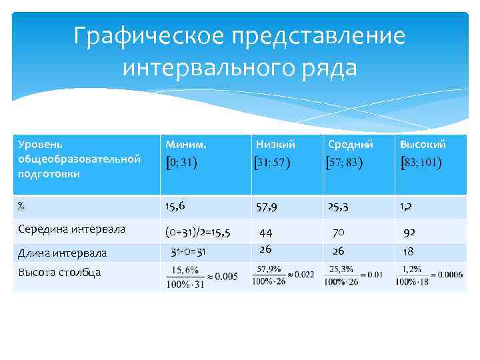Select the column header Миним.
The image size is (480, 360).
coord(186,144)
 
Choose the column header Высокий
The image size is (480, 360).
coord(423,144)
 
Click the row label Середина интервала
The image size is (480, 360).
coord(71,229)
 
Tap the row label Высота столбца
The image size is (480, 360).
coord(59,272)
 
